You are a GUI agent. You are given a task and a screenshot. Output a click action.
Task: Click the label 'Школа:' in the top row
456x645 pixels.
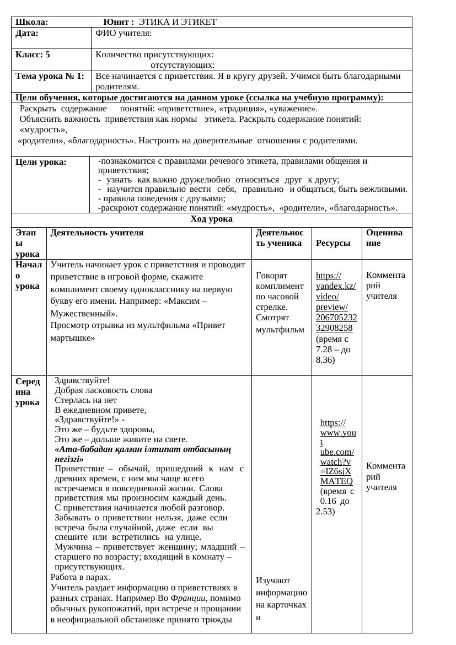32,22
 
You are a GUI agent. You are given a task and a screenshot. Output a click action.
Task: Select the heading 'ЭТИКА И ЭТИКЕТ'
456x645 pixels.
178,22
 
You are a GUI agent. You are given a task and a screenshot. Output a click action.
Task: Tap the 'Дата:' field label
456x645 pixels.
27,33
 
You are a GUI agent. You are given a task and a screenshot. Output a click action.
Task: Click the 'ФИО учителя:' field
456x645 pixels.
124,33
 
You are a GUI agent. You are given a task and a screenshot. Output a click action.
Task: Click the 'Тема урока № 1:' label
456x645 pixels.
50,76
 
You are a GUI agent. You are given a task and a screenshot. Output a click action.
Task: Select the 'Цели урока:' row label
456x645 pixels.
41,162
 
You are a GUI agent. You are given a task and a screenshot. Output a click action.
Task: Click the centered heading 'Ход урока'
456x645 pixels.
211,219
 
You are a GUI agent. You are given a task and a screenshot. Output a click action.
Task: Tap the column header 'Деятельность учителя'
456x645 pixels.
97,233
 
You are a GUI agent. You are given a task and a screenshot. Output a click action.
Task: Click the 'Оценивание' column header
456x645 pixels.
385,238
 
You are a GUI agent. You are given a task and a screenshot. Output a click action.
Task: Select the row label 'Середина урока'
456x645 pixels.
28,391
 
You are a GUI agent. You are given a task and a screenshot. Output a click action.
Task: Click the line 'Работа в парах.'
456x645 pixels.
81,577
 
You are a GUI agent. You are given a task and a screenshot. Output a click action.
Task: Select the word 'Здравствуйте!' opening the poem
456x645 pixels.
82,380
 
